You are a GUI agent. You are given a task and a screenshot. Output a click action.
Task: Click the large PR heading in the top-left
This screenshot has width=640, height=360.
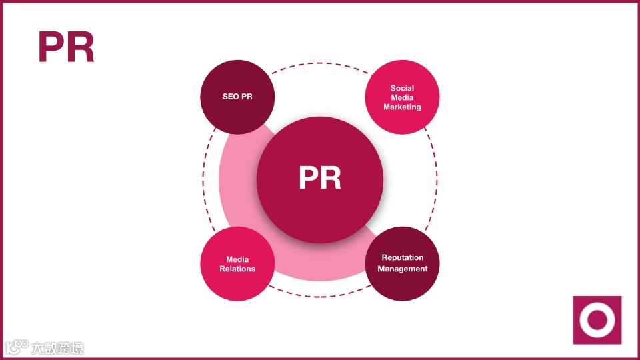66,47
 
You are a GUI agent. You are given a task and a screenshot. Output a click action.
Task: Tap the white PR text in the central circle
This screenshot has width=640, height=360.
320,179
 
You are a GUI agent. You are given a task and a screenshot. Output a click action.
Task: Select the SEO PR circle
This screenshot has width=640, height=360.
237,97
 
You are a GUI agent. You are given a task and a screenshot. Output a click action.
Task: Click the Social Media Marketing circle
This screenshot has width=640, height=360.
402,97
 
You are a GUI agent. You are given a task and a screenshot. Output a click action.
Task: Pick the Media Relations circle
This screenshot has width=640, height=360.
237,264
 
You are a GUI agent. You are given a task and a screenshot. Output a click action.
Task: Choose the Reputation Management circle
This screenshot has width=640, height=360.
402,263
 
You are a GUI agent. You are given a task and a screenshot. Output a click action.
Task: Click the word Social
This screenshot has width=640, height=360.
402,88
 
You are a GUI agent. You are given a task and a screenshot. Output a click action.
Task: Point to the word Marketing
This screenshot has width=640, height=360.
402,107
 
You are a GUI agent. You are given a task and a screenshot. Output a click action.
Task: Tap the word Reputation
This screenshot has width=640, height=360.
402,258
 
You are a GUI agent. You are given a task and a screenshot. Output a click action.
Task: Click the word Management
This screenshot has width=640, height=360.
403,269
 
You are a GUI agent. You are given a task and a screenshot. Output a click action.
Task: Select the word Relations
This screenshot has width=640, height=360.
237,269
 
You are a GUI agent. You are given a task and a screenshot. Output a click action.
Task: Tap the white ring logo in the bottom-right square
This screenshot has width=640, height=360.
597,320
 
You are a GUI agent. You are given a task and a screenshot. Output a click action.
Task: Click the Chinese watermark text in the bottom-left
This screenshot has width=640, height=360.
57,347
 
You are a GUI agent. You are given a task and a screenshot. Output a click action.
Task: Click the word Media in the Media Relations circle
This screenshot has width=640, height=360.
237,259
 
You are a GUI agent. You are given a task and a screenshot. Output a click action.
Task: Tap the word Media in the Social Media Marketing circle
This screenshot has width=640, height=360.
402,97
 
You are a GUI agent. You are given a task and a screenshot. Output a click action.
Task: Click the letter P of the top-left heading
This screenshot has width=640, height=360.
52,47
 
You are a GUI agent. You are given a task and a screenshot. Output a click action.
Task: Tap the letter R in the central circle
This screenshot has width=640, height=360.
331,179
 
